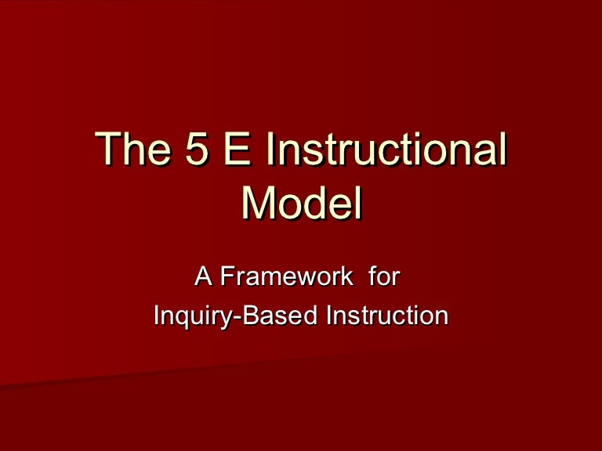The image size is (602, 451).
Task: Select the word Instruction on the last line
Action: click(386, 316)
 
